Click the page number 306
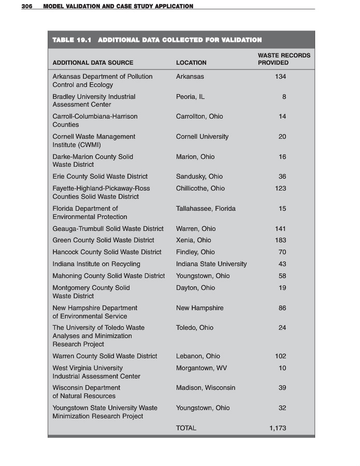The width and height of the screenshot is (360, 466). (27, 6)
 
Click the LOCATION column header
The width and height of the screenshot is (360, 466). (191, 63)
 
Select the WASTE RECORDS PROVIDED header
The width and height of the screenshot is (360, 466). (283, 59)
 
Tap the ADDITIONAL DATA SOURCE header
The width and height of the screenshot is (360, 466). (93, 63)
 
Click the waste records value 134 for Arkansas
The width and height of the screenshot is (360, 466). (281, 77)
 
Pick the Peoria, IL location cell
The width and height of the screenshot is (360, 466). (190, 97)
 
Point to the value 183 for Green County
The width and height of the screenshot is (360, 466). (281, 240)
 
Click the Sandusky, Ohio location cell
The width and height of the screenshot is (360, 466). (199, 177)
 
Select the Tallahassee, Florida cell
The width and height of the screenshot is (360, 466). (206, 209)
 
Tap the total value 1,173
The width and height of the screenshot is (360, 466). (278, 428)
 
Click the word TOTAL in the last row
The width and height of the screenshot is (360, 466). (186, 428)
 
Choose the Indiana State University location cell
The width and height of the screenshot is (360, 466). (211, 264)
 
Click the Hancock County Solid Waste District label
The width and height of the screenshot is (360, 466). (107, 252)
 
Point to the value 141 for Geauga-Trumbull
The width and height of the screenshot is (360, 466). (281, 229)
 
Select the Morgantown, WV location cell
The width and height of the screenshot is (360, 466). (201, 368)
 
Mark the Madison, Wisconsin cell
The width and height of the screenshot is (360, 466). (206, 388)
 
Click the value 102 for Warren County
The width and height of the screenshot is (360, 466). (281, 356)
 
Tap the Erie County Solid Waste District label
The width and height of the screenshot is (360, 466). (100, 177)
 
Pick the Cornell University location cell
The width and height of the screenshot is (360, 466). (202, 137)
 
